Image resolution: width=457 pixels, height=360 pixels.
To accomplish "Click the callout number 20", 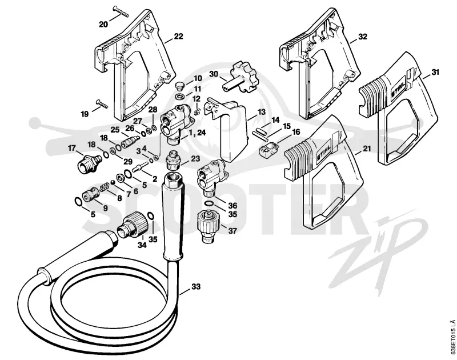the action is tap(103, 24).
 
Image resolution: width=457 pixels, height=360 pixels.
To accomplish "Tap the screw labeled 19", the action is tap(102, 103).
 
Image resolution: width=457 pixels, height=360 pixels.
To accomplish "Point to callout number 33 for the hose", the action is tap(196, 287).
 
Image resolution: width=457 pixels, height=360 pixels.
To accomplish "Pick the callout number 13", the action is tap(261, 111).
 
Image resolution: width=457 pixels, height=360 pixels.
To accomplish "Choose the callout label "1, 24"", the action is tap(197, 133).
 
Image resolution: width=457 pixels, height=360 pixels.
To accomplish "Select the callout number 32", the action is tap(363, 37).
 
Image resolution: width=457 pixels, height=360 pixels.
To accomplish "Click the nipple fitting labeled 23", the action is tap(173, 160).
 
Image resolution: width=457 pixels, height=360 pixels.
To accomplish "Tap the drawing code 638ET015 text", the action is tap(452, 339).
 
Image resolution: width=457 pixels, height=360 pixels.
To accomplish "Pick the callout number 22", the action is tap(178, 36).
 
